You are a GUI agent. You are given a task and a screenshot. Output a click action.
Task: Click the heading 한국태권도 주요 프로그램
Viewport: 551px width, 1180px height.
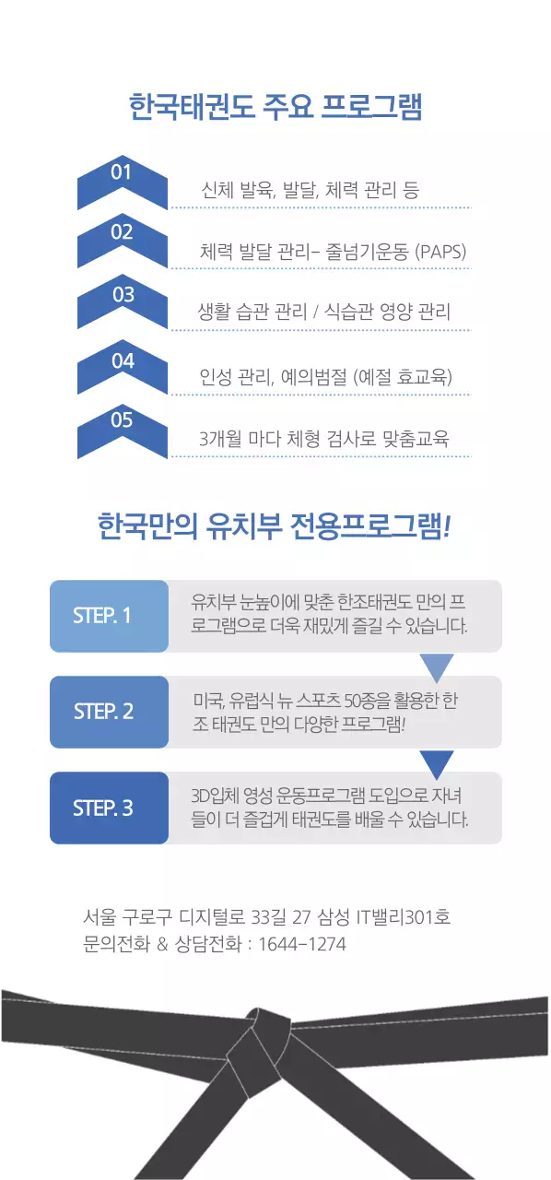coord(275,107)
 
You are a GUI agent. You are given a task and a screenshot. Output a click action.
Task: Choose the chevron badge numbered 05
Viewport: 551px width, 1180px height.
coord(123,430)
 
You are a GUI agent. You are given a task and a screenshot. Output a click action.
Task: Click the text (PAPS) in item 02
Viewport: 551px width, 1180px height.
coord(441,252)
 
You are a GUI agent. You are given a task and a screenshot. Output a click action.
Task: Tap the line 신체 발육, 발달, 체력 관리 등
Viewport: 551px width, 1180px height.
coord(310,191)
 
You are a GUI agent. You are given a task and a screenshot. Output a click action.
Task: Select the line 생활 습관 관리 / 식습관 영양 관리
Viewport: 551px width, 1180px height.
coord(323,312)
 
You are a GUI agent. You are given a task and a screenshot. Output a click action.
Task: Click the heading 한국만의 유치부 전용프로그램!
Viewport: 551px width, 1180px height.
coord(275,528)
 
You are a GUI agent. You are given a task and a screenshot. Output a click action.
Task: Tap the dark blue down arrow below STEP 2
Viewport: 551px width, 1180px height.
coord(437,762)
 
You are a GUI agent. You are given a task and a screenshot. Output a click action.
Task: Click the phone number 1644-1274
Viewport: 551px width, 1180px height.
coord(302,945)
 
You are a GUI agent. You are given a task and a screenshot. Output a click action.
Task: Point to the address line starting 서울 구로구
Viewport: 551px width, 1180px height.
coord(266,917)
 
